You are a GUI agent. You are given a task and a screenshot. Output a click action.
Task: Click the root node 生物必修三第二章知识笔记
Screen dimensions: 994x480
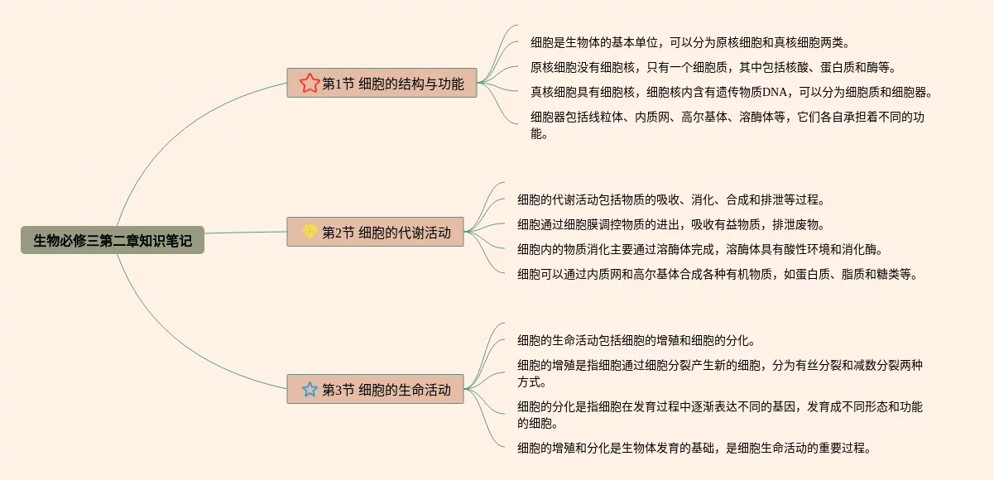click(x=113, y=241)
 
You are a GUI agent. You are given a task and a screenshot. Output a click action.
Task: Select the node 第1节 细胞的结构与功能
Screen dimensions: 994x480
click(x=382, y=83)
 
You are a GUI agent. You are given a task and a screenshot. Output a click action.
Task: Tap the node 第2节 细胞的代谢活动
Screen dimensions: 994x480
click(x=375, y=232)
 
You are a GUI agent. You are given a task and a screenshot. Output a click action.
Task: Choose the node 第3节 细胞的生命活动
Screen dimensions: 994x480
click(x=375, y=389)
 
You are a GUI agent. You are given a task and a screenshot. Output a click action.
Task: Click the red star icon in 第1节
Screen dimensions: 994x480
click(x=310, y=83)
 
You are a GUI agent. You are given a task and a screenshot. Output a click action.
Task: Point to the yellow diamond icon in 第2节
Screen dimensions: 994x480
click(x=310, y=232)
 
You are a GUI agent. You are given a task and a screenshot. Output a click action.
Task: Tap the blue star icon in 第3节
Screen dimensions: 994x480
click(x=310, y=389)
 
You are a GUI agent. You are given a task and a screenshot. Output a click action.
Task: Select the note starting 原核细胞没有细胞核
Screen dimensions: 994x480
click(x=701, y=67)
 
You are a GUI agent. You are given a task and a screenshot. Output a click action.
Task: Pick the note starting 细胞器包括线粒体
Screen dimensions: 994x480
click(x=727, y=124)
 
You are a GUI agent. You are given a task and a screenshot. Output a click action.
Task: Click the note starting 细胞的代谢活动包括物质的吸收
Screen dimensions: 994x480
click(x=670, y=199)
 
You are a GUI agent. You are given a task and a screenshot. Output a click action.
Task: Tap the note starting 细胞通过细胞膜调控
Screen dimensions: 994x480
click(x=670, y=224)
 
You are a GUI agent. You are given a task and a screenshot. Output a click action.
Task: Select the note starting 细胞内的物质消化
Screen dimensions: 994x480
click(x=699, y=249)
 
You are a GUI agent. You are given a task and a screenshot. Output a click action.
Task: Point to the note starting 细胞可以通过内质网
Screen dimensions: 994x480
click(x=717, y=274)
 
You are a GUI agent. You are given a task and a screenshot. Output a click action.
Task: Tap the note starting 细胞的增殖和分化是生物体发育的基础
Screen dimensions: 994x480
click(x=694, y=448)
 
